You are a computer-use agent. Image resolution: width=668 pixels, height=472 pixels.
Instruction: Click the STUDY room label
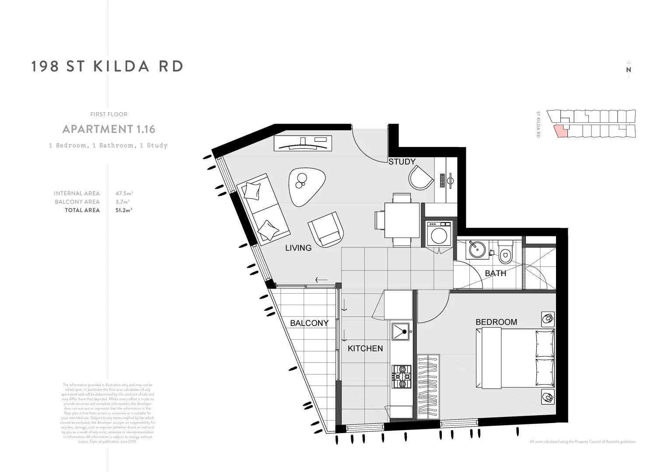(402, 162)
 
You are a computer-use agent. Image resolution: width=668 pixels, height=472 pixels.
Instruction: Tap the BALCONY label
(309, 323)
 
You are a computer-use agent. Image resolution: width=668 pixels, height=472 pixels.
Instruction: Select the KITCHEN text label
(365, 348)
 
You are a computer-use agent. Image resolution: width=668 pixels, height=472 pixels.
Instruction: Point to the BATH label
(495, 273)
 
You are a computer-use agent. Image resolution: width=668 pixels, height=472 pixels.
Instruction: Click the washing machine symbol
(439, 235)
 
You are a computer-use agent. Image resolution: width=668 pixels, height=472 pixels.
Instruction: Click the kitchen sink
(400, 332)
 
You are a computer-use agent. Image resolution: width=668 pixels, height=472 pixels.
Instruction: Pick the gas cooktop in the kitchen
(402, 376)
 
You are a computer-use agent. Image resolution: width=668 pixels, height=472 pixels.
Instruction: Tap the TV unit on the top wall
(303, 143)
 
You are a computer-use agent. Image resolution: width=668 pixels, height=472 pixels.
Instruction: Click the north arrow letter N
(628, 69)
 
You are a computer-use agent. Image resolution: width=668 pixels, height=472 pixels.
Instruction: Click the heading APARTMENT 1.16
(108, 129)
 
